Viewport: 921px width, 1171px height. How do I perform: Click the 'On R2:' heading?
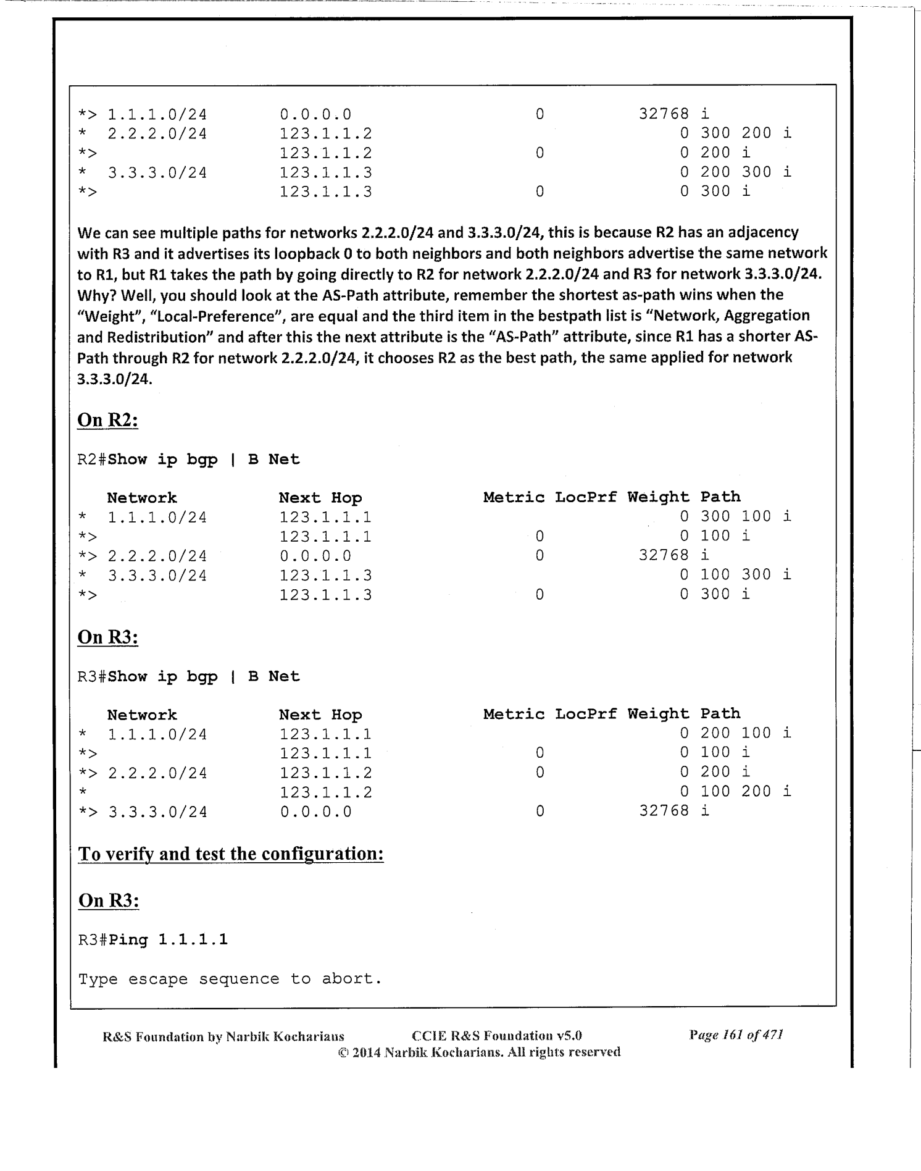tap(107, 420)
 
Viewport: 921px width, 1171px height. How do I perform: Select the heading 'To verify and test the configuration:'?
tap(231, 854)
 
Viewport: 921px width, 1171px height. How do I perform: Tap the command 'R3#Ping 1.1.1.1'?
tap(153, 939)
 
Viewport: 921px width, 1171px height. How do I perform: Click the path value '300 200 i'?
tap(745, 133)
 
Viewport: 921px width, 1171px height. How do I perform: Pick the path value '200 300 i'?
tap(745, 172)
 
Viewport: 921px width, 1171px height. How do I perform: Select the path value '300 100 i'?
tap(745, 516)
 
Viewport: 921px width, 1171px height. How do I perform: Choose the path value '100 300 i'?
tap(745, 575)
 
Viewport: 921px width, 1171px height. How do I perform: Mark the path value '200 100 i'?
tap(745, 733)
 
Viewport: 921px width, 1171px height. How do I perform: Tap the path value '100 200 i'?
tap(745, 792)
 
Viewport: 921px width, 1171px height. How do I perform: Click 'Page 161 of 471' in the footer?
tap(736, 1035)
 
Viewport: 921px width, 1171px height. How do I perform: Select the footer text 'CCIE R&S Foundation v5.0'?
tap(496, 1036)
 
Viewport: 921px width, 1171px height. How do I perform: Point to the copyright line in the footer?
tap(479, 1052)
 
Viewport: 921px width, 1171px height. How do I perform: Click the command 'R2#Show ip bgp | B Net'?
tap(188, 460)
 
